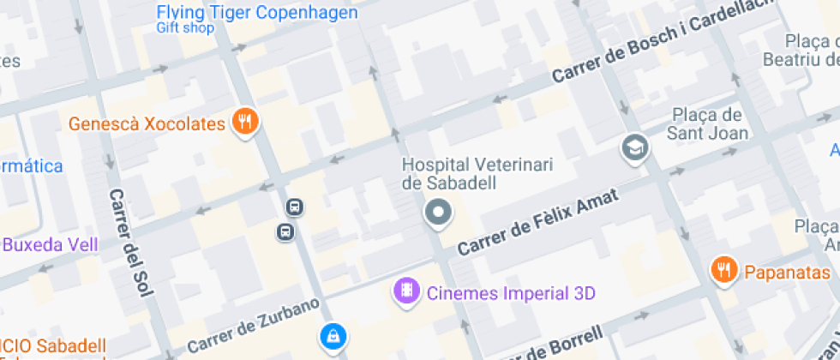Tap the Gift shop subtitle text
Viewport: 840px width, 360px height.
[x=184, y=27]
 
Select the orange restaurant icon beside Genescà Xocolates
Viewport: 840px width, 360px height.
[x=246, y=122]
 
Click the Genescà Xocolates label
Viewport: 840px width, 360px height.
[x=147, y=123]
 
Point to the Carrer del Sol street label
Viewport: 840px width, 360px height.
[x=129, y=243]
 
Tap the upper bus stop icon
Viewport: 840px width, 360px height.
[x=294, y=207]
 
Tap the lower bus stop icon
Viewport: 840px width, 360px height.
[x=285, y=231]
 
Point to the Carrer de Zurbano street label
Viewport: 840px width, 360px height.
[x=253, y=326]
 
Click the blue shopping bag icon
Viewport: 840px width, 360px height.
[x=332, y=336]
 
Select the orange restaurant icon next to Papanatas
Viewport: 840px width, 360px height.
[x=724, y=272]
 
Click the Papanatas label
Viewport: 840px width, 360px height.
[x=787, y=273]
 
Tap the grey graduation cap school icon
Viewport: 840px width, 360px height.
[x=634, y=148]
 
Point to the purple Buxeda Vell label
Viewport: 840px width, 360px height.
[x=50, y=245]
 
